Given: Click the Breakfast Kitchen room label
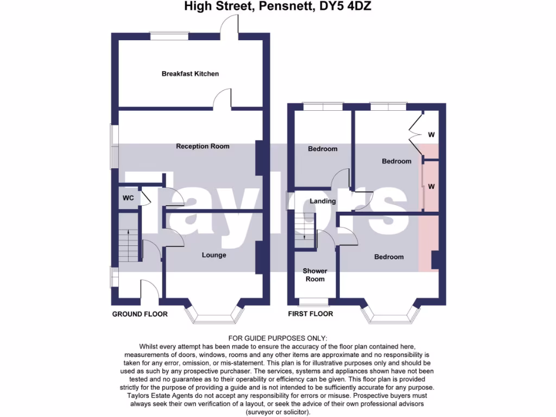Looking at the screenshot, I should click(190, 73).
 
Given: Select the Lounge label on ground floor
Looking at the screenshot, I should click(214, 255).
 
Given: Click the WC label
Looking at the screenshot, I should click(128, 198).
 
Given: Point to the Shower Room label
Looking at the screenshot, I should click(315, 275).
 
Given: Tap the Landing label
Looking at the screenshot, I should click(323, 201).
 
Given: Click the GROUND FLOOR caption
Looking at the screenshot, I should click(140, 314).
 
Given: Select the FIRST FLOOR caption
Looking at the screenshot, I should click(310, 314).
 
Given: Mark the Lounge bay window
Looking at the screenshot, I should click(214, 317).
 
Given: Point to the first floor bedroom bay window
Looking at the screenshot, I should click(391, 317).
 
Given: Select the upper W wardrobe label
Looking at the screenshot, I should click(432, 134).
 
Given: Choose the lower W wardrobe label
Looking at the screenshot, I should click(432, 186).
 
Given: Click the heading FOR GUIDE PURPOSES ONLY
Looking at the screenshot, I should click(278, 339).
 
